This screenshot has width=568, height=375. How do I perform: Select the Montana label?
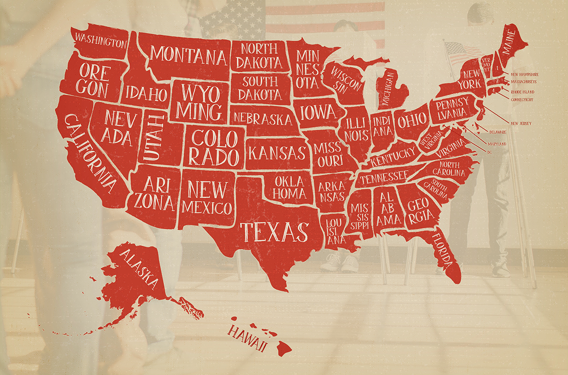point(188,56)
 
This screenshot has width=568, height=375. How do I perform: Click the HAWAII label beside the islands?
point(247,338)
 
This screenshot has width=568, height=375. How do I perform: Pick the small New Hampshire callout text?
point(524,75)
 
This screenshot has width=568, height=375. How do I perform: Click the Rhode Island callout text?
point(523,92)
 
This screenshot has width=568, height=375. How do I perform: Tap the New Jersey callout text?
point(521,123)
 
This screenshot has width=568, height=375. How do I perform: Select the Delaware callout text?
point(498,133)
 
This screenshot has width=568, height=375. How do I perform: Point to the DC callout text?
point(489,152)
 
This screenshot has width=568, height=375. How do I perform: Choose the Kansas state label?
point(277,153)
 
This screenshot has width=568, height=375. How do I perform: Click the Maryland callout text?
point(497,144)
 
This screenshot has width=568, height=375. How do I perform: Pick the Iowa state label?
point(318,112)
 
